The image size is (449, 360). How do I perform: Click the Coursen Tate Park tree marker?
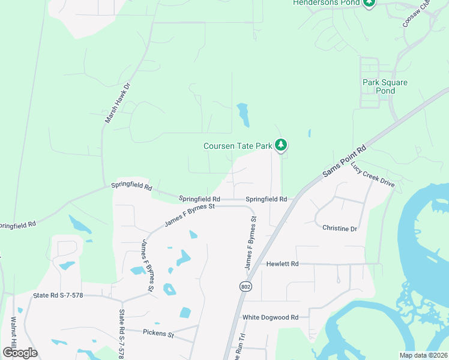pyautogui.click(x=280, y=145)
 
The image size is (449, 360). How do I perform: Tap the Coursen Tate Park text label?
pyautogui.click(x=238, y=146)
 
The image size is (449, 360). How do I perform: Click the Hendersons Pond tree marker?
pyautogui.click(x=369, y=2)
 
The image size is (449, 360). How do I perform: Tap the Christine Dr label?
pyautogui.click(x=340, y=228)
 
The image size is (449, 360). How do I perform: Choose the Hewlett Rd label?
pyautogui.click(x=283, y=263)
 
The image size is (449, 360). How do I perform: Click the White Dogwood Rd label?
pyautogui.click(x=270, y=317)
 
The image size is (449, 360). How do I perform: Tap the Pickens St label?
pyautogui.click(x=158, y=332)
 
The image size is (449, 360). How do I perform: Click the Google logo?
pyautogui.click(x=20, y=352)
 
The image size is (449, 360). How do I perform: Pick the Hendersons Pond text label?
pyautogui.click(x=326, y=3)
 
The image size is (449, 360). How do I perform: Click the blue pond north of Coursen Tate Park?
pyautogui.click(x=243, y=114)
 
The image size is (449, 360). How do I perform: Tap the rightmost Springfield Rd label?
pyautogui.click(x=267, y=199)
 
